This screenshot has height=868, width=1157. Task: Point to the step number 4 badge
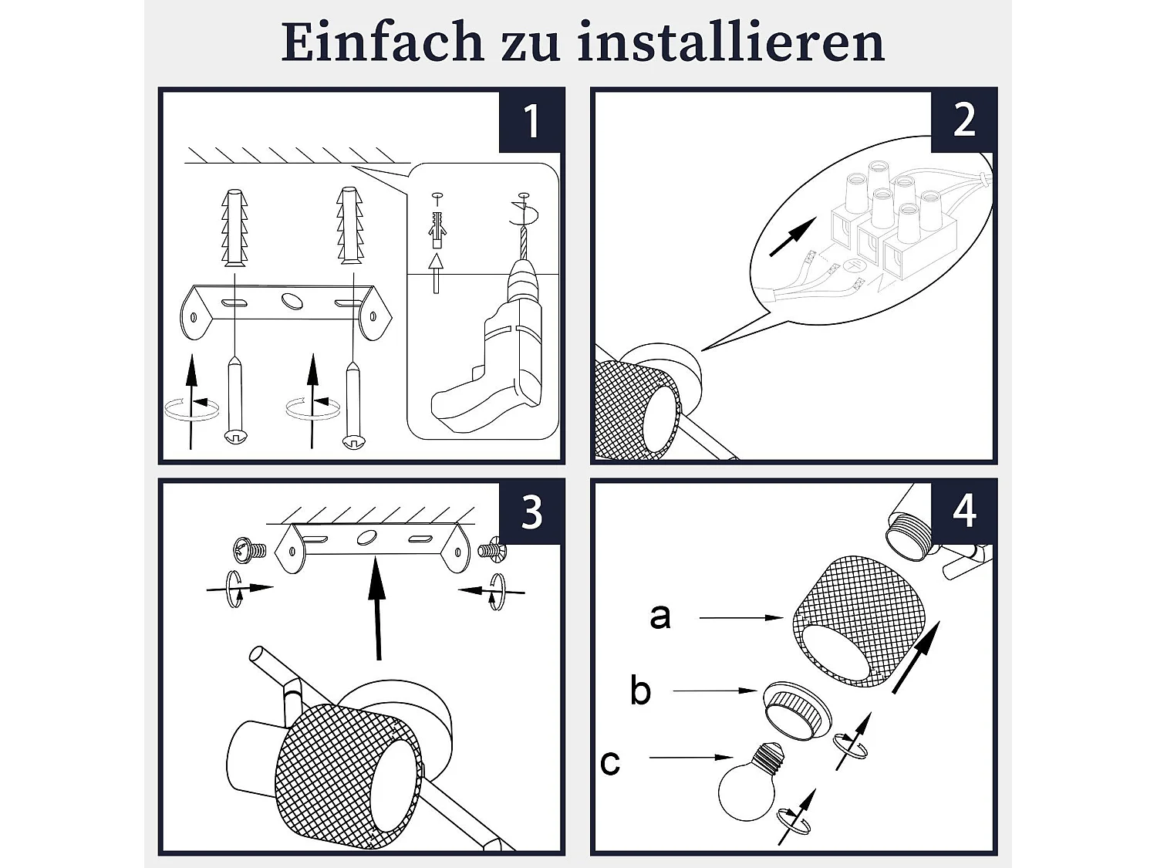963,512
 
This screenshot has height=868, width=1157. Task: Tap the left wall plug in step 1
234,228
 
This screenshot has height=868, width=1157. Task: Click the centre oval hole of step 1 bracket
292,300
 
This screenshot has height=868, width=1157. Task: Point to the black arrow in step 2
793,237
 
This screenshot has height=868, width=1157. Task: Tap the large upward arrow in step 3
377,608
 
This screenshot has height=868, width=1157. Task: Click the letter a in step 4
660,616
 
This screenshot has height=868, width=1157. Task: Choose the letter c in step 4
610,762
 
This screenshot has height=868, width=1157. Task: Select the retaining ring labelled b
797,712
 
